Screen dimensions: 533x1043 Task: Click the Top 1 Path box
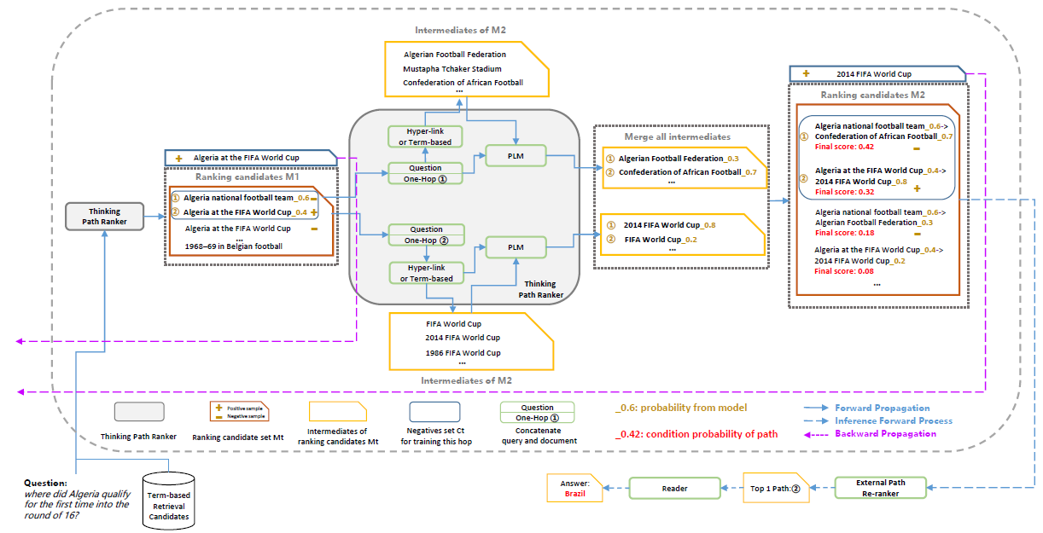[774, 489]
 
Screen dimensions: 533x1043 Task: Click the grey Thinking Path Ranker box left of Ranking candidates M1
[104, 217]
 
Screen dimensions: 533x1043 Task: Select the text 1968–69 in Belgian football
[234, 246]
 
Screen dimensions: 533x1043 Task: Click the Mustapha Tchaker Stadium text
[452, 68]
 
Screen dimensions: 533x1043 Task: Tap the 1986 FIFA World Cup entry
[463, 352]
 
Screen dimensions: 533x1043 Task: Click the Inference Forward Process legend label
[894, 420]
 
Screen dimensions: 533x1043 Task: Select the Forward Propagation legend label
[882, 408]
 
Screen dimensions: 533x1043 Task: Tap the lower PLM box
[516, 247]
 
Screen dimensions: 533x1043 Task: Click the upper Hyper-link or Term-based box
[425, 136]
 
